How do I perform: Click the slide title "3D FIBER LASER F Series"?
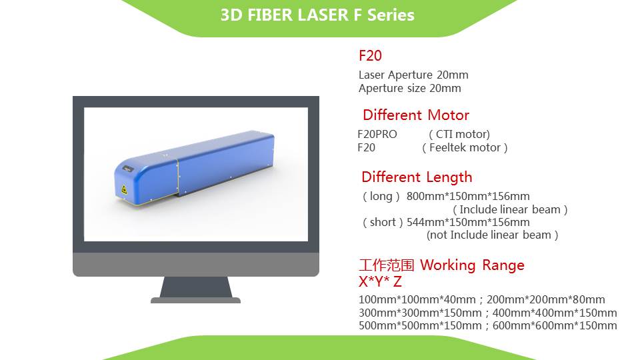coord(317,15)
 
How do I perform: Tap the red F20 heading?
coord(370,55)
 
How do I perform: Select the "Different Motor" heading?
coord(416,115)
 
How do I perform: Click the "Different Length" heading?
coord(417,177)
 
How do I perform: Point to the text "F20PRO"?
coord(377,134)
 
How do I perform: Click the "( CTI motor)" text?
coord(459,134)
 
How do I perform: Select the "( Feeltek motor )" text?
coord(465,148)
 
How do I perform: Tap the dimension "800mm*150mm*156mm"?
coord(468,196)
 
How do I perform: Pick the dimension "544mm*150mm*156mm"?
coord(468,223)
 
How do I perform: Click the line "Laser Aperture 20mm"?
coord(413,75)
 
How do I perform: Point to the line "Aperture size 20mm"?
coord(410,89)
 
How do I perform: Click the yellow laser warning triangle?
coord(124,190)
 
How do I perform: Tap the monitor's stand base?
coord(195,301)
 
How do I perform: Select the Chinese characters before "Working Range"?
coord(387,265)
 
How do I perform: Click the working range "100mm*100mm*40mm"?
coord(417,299)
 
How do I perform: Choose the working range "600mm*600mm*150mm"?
coord(555,326)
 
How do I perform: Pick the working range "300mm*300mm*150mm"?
coord(420,313)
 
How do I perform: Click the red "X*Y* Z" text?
coord(381,281)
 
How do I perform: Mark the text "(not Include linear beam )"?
coord(492,235)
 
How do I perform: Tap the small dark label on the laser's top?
coord(128,168)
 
